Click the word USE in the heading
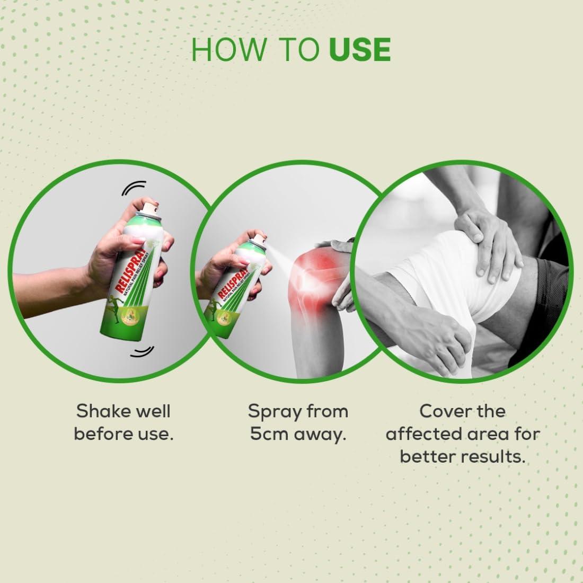click(360, 49)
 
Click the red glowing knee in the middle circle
click(314, 270)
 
